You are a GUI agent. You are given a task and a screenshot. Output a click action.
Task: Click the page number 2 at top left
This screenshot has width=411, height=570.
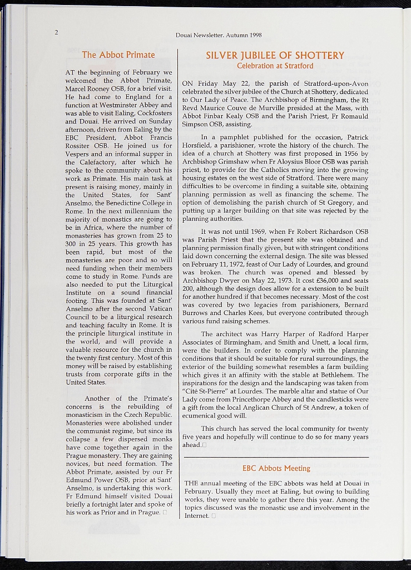point(56,32)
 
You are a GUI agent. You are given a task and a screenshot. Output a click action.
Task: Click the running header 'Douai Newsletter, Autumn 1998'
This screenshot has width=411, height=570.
point(219,35)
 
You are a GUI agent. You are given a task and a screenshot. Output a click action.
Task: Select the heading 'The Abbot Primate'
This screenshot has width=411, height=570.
point(118,55)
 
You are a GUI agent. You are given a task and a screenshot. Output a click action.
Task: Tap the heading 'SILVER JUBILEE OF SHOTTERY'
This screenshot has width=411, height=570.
point(275,55)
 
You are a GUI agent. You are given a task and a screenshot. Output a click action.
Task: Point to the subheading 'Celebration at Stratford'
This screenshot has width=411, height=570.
point(275,66)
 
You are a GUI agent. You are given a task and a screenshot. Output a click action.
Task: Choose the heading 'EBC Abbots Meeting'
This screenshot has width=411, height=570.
point(276,468)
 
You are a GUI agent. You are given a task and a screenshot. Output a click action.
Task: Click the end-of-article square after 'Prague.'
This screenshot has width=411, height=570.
point(165,512)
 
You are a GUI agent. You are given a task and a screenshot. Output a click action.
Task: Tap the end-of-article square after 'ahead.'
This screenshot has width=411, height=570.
point(205,445)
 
